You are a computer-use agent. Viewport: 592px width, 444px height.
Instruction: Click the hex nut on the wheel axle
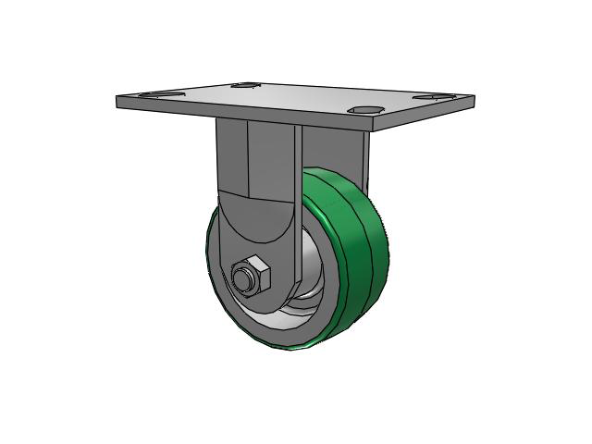click(x=250, y=276)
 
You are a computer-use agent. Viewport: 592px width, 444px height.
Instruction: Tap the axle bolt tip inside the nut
click(x=244, y=276)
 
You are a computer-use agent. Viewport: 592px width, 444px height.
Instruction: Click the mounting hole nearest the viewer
click(x=367, y=111)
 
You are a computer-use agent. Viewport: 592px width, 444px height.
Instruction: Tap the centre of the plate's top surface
click(x=296, y=97)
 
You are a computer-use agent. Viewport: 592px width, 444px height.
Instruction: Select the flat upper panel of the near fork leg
click(x=264, y=157)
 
